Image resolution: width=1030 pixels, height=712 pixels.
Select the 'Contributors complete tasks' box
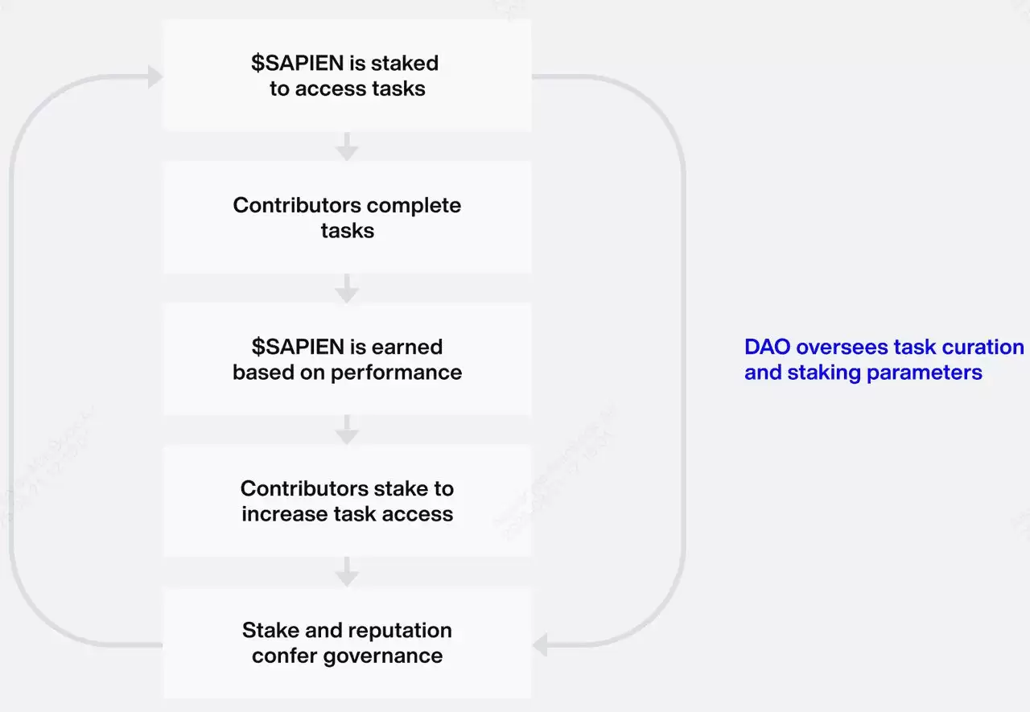pyautogui.click(x=347, y=217)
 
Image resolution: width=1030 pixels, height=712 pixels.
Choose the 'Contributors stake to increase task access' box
pyautogui.click(x=347, y=500)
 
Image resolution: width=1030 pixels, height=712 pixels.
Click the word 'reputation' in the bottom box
pyautogui.click(x=402, y=630)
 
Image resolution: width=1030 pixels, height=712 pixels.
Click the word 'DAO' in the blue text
pyautogui.click(x=768, y=347)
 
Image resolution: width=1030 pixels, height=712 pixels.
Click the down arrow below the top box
pyautogui.click(x=347, y=147)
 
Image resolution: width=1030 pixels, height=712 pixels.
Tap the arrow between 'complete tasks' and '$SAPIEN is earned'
pyautogui.click(x=347, y=289)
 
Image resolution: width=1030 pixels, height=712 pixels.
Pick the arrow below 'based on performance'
pyautogui.click(x=347, y=430)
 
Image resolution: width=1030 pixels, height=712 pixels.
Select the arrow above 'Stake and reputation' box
pyautogui.click(x=347, y=572)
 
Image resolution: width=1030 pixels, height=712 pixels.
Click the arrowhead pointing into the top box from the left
pyautogui.click(x=154, y=76)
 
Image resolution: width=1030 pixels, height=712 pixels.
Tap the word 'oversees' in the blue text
pyautogui.click(x=833, y=347)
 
